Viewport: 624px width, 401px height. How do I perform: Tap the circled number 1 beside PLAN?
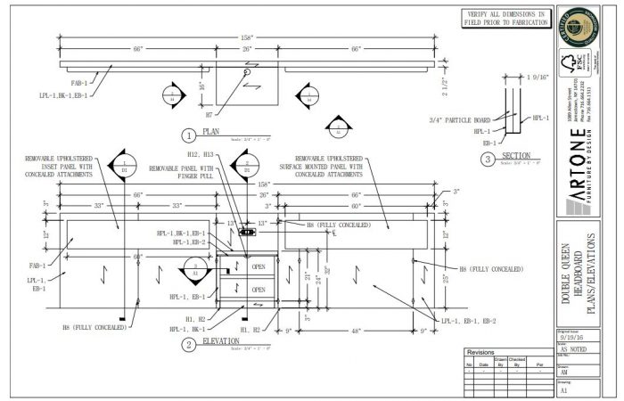pyautogui.click(x=188, y=135)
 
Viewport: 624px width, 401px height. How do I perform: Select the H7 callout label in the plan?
pyautogui.click(x=209, y=114)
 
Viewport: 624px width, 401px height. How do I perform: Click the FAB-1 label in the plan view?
pyautogui.click(x=79, y=85)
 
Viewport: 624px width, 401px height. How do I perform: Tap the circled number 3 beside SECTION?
pyautogui.click(x=487, y=159)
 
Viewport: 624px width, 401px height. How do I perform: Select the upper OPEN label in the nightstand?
pyautogui.click(x=258, y=266)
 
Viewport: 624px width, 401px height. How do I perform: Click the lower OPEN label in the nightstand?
pyautogui.click(x=258, y=290)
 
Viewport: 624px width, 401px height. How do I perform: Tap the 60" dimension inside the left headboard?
pyautogui.click(x=138, y=257)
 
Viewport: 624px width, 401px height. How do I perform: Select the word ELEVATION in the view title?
pyautogui.click(x=219, y=340)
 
